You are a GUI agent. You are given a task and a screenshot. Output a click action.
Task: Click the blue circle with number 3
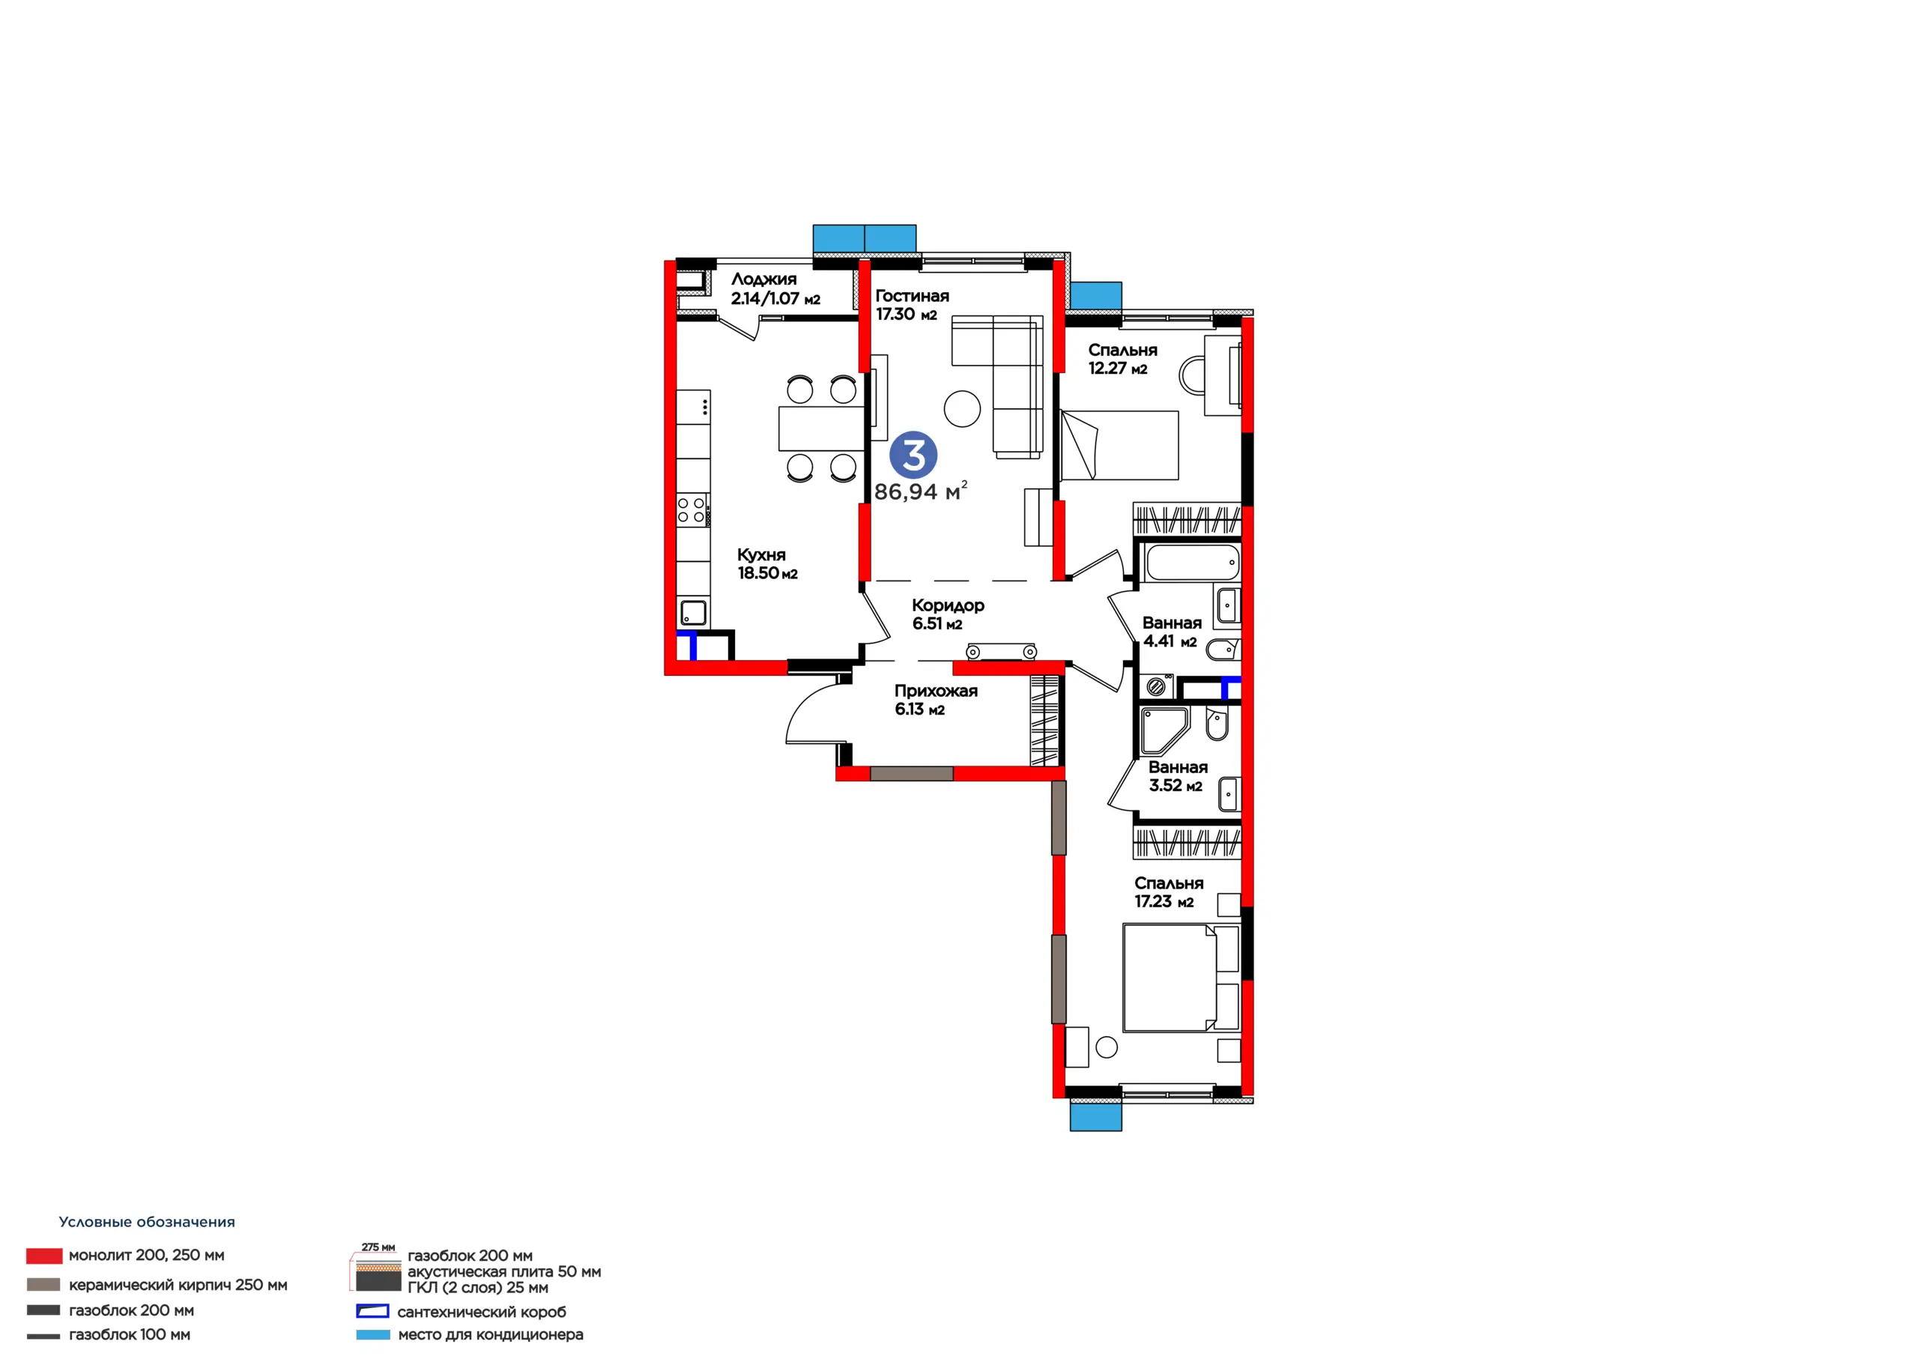pyautogui.click(x=913, y=455)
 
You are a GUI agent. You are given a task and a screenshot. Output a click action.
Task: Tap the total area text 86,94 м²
pyautogui.click(x=921, y=491)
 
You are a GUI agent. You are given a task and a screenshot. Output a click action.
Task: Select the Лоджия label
pyautogui.click(x=763, y=279)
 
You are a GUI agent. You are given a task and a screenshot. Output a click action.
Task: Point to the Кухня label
pyautogui.click(x=761, y=555)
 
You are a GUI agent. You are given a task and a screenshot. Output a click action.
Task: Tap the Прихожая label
pyautogui.click(x=936, y=691)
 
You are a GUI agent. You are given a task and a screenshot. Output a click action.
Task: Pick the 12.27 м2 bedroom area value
pyautogui.click(x=1117, y=369)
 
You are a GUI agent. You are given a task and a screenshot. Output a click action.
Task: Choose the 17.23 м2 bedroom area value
pyautogui.click(x=1164, y=901)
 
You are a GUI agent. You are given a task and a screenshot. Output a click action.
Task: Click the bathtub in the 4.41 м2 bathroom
pyautogui.click(x=1192, y=563)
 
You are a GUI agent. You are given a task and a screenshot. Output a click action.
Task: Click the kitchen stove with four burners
pyautogui.click(x=692, y=509)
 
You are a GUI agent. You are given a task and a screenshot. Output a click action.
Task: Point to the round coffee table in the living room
pyautogui.click(x=962, y=409)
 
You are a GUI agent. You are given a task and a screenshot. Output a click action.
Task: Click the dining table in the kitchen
pyautogui.click(x=821, y=429)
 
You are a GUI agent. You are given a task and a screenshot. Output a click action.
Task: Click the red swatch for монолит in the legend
pyautogui.click(x=44, y=1255)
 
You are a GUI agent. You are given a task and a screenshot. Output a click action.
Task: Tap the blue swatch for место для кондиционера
pyautogui.click(x=372, y=1335)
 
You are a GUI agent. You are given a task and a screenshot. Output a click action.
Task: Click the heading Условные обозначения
pyautogui.click(x=147, y=1223)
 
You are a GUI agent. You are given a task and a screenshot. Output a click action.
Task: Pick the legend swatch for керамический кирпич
pyautogui.click(x=43, y=1284)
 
